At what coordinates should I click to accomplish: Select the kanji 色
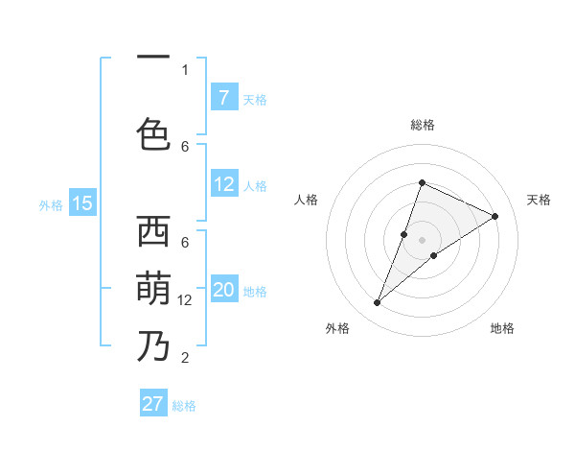153,134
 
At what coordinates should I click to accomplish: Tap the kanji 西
153,232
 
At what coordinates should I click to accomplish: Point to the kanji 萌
153,287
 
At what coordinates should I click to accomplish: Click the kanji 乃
153,344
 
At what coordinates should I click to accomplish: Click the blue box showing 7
223,97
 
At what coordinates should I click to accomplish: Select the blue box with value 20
223,291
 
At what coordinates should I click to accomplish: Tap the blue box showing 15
82,203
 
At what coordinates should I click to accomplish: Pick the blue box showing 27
153,404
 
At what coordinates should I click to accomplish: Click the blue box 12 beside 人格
223,184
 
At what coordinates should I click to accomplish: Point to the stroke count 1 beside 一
185,69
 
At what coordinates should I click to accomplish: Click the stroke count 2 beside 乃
185,358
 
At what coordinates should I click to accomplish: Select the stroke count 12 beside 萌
185,300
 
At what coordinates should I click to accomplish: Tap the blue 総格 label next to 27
185,406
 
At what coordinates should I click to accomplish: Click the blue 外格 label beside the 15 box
51,204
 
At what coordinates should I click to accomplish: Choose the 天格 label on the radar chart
539,200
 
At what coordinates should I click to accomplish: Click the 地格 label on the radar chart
502,328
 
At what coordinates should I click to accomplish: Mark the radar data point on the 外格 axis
378,302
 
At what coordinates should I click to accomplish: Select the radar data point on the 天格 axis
495,216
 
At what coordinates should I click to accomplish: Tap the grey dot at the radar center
423,240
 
